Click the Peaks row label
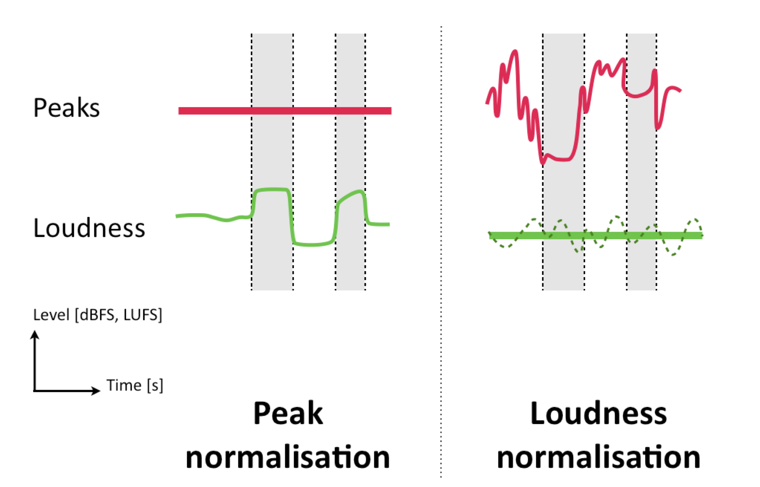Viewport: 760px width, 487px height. click(x=66, y=107)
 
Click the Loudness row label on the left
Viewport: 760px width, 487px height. click(x=89, y=228)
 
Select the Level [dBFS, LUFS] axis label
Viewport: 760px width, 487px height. click(x=98, y=315)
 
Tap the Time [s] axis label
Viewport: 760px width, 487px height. click(x=135, y=385)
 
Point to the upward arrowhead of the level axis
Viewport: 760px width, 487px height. click(x=35, y=334)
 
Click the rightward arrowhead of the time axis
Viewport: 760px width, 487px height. click(x=96, y=391)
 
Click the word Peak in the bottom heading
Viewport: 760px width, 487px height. click(x=288, y=414)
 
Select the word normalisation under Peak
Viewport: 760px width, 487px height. click(x=288, y=457)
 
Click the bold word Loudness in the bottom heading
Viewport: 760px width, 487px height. click(x=598, y=414)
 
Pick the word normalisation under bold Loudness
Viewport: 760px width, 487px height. click(x=598, y=457)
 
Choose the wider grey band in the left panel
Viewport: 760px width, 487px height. click(x=272, y=265)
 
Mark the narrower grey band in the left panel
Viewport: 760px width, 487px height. click(x=350, y=265)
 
